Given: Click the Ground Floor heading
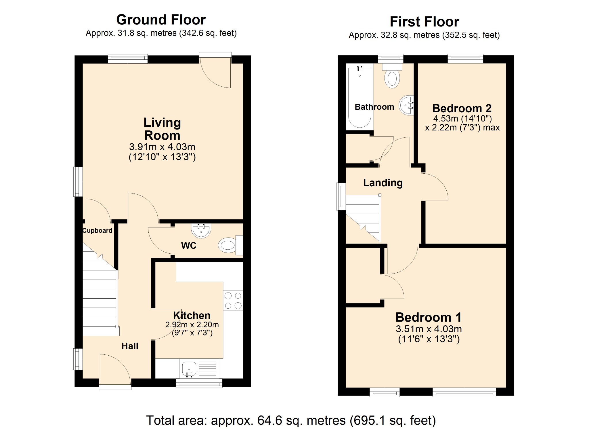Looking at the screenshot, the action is point(161,20).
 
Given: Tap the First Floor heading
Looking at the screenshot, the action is point(424,22).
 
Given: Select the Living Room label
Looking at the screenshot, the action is point(162,129).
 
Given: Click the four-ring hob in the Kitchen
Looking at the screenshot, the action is point(233,301).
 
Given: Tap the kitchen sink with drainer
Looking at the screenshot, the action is point(199,368).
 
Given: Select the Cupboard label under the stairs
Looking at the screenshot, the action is point(97,230).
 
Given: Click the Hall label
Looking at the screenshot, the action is point(130,346).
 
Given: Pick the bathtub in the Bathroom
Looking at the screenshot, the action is point(359,97).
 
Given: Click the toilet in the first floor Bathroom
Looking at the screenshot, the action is point(392,76).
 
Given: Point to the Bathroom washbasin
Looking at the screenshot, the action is point(406,105).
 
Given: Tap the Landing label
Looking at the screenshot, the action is point(383,183).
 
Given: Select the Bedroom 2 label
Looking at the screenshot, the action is point(462,108).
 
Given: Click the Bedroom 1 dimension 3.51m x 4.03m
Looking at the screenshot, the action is point(429,329).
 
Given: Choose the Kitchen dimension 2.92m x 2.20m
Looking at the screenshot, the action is point(192,324).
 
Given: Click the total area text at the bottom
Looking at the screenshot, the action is point(291,420).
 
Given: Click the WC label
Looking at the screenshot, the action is point(189,246).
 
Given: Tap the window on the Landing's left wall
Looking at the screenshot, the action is point(341,196).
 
